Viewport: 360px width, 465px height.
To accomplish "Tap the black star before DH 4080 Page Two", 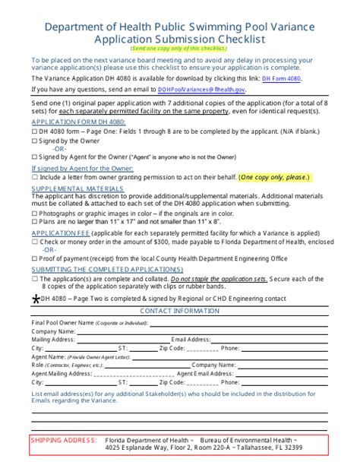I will pos(35,299).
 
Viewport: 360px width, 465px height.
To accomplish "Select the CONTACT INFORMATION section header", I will pos(179,312).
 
